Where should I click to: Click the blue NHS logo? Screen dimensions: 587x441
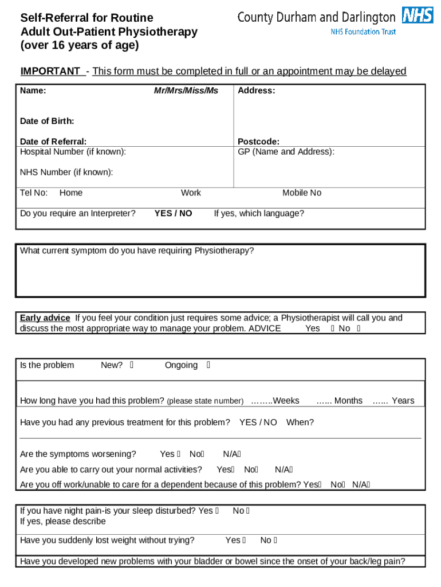pyautogui.click(x=418, y=15)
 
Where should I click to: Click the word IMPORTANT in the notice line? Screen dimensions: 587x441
pyautogui.click(x=50, y=71)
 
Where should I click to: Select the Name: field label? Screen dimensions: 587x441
pyautogui.click(x=33, y=91)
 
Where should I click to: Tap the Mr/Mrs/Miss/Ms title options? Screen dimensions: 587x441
pyautogui.click(x=186, y=91)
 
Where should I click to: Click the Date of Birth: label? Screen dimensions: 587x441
pyautogui.click(x=47, y=121)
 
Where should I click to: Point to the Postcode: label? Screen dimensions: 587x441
pyautogui.click(x=259, y=141)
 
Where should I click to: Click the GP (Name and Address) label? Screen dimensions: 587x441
pyautogui.click(x=286, y=151)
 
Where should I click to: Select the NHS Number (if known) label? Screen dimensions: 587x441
pyautogui.click(x=66, y=172)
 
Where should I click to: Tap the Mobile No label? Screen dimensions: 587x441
pyautogui.click(x=302, y=193)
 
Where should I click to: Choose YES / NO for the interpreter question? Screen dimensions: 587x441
pyautogui.click(x=174, y=213)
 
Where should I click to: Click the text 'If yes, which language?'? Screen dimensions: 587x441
pyautogui.click(x=259, y=213)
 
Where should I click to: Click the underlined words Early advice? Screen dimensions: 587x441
pyautogui.click(x=45, y=318)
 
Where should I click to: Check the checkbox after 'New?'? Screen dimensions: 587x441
pyautogui.click(x=132, y=365)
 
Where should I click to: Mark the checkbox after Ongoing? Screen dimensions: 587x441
pyautogui.click(x=208, y=365)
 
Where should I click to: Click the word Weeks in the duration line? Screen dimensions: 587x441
pyautogui.click(x=286, y=400)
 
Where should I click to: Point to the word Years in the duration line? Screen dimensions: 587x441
pyautogui.click(x=403, y=400)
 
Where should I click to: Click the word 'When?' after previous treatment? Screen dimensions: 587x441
pyautogui.click(x=300, y=422)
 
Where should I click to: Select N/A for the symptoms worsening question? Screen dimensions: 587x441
pyautogui.click(x=231, y=454)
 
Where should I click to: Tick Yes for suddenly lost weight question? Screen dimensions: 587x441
pyautogui.click(x=244, y=540)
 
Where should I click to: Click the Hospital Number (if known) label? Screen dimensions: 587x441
pyautogui.click(x=73, y=151)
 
